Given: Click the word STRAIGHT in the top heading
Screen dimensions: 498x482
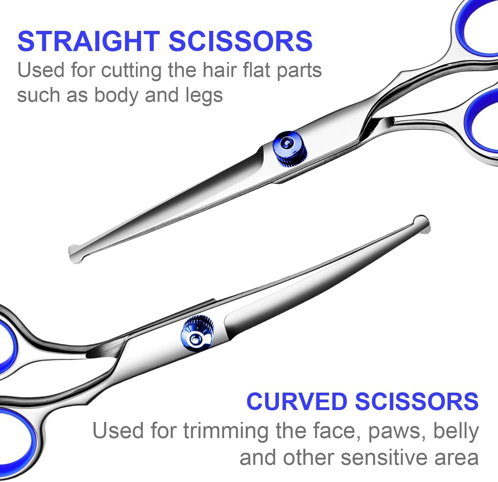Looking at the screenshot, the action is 89,41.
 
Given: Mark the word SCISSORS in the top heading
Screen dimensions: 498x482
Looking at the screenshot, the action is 241,41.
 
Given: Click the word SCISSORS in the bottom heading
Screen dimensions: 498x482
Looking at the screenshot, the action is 417,401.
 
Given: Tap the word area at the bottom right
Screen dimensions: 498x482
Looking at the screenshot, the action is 459,458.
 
